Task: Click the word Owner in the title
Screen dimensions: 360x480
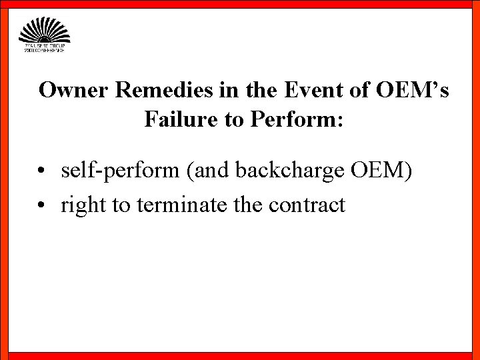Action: pyautogui.click(x=74, y=90)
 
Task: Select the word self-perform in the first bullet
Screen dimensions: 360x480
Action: pyautogui.click(x=121, y=171)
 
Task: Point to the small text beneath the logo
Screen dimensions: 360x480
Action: pyautogui.click(x=44, y=49)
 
